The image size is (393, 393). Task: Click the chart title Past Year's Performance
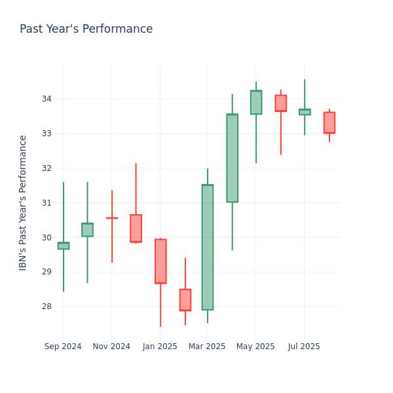tap(86, 29)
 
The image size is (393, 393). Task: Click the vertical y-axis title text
tap(22, 203)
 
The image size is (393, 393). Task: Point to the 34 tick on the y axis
tap(47, 99)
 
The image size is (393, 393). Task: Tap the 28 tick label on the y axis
tap(47, 307)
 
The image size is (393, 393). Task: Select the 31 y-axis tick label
tap(47, 202)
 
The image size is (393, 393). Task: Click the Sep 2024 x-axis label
tap(63, 346)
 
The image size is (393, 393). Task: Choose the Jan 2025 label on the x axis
tap(160, 346)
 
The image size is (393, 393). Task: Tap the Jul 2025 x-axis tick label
tap(304, 346)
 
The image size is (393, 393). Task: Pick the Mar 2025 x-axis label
tap(207, 346)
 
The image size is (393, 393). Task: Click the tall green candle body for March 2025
tap(208, 247)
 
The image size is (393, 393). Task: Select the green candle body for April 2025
tap(233, 158)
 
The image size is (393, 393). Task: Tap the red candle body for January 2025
tap(160, 261)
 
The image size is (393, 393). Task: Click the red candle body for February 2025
tap(185, 300)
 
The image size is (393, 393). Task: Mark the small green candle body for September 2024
tap(64, 246)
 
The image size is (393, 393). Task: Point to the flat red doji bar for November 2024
tap(112, 218)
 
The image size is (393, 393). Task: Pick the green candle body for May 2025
tap(256, 102)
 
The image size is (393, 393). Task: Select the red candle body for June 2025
tap(281, 103)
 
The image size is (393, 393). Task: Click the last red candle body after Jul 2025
tap(329, 122)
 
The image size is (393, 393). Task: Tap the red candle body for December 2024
tap(136, 229)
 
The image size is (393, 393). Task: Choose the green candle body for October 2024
tap(87, 230)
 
